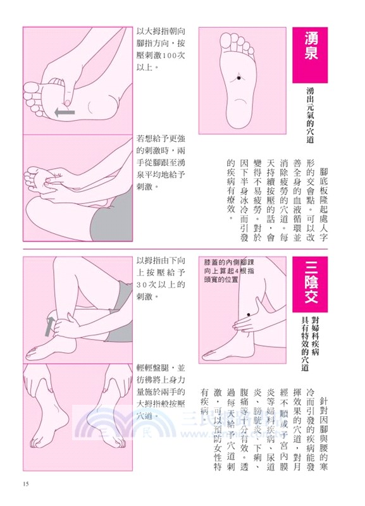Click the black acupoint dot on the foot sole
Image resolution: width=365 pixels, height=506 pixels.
tap(239, 77)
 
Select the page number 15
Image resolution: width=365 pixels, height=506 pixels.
tap(26, 484)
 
